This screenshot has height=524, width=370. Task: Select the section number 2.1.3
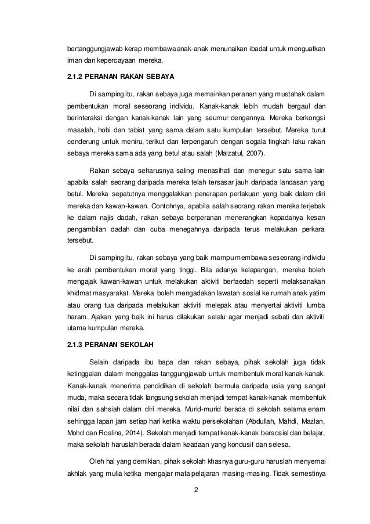click(76, 346)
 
